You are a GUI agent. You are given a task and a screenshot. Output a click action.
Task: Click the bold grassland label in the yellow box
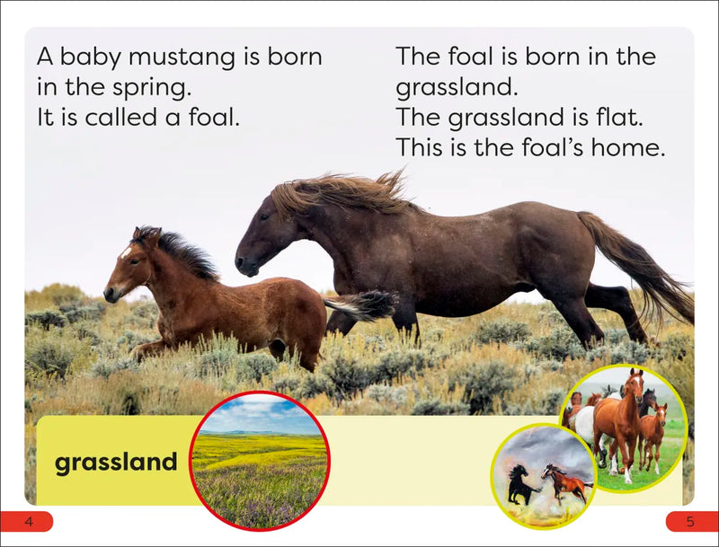(116, 463)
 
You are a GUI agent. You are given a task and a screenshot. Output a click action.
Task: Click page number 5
(690, 522)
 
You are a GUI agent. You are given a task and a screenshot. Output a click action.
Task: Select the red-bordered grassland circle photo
(260, 460)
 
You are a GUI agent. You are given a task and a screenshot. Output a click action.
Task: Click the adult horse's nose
(242, 266)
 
